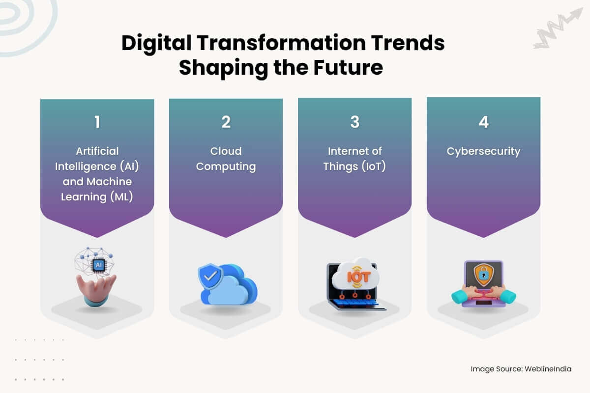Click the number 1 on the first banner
[97, 122]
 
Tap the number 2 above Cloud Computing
[226, 122]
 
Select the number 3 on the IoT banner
[355, 122]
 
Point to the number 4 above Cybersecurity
[484, 122]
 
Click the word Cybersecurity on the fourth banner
[483, 151]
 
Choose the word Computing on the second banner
[226, 166]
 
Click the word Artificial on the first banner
[97, 151]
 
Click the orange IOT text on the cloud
[354, 277]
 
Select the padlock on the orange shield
[483, 275]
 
